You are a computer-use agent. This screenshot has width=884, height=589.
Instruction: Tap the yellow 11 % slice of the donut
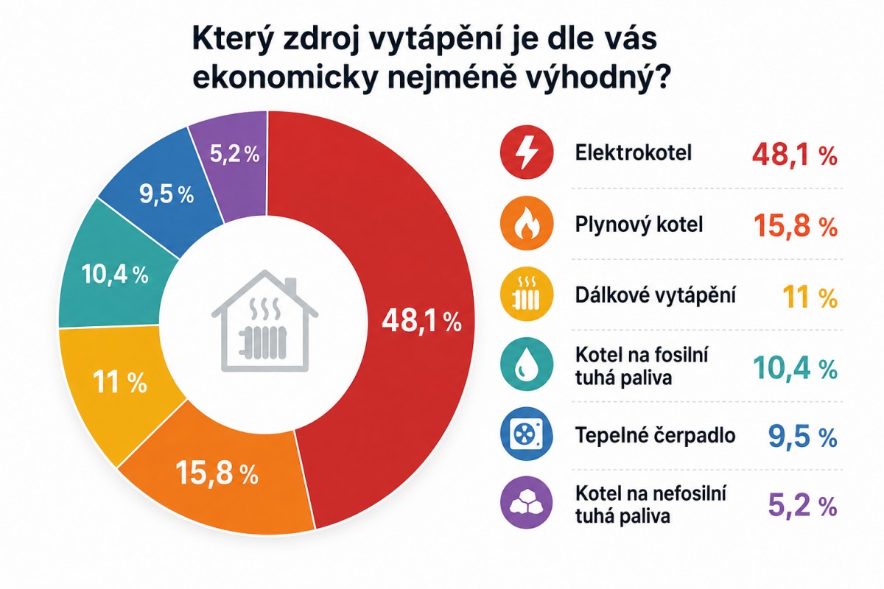click(x=119, y=383)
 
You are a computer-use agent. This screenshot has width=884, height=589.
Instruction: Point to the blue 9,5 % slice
click(x=166, y=194)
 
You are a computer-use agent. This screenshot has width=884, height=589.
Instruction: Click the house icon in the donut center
click(x=264, y=321)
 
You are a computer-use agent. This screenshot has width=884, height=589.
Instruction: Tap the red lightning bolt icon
click(x=527, y=152)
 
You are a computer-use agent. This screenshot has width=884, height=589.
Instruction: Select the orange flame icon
click(x=527, y=223)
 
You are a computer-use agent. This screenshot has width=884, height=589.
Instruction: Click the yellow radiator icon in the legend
click(x=527, y=294)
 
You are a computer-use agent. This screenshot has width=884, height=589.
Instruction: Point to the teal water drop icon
click(x=527, y=364)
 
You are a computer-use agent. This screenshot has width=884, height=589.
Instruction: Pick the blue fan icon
click(x=527, y=434)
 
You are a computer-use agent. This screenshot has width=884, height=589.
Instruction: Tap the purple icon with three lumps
click(x=527, y=503)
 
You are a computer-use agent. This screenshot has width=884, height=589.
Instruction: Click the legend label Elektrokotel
click(x=634, y=152)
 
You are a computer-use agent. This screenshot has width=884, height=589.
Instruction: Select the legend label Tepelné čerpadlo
click(x=656, y=434)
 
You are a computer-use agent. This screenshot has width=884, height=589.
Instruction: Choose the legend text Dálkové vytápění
click(x=656, y=295)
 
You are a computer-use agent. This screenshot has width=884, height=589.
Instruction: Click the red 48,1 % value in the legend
click(x=794, y=155)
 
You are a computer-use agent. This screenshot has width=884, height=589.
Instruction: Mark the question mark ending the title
click(x=662, y=75)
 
